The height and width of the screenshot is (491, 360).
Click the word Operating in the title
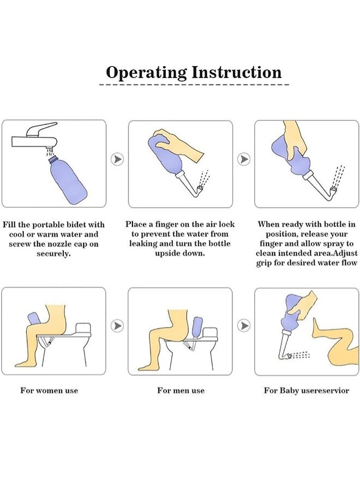pyautogui.click(x=146, y=73)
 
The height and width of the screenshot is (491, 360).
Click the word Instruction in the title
pyautogui.click(x=237, y=72)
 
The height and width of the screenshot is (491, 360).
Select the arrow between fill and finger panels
pyautogui.click(x=117, y=159)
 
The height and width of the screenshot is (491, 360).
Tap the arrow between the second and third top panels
pyautogui.click(x=244, y=159)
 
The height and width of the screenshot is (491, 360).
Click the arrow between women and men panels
pyautogui.click(x=117, y=326)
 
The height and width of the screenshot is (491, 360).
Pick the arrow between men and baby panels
pyautogui.click(x=244, y=326)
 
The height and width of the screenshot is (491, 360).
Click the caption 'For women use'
pyautogui.click(x=49, y=391)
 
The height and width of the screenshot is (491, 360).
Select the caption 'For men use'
pyautogui.click(x=181, y=391)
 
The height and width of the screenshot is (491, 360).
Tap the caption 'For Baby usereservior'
pyautogui.click(x=307, y=391)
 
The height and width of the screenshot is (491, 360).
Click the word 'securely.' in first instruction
pyautogui.click(x=53, y=254)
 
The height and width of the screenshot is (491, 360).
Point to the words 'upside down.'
pyautogui.click(x=180, y=253)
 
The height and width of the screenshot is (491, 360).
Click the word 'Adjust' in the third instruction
pyautogui.click(x=345, y=253)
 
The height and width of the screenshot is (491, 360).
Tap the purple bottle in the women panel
pyautogui.click(x=34, y=319)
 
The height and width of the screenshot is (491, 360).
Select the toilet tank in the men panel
pyautogui.click(x=210, y=333)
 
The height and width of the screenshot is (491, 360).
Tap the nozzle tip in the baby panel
pyautogui.click(x=289, y=356)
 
